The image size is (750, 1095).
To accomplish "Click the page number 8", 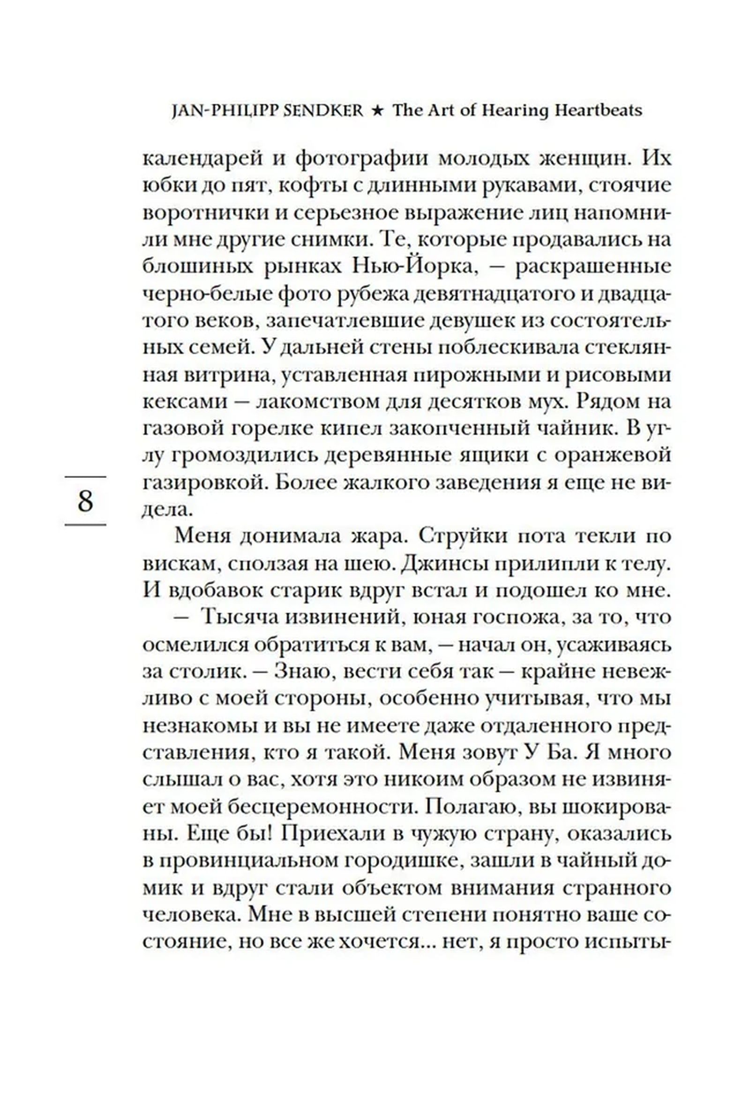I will tap(85, 501).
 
